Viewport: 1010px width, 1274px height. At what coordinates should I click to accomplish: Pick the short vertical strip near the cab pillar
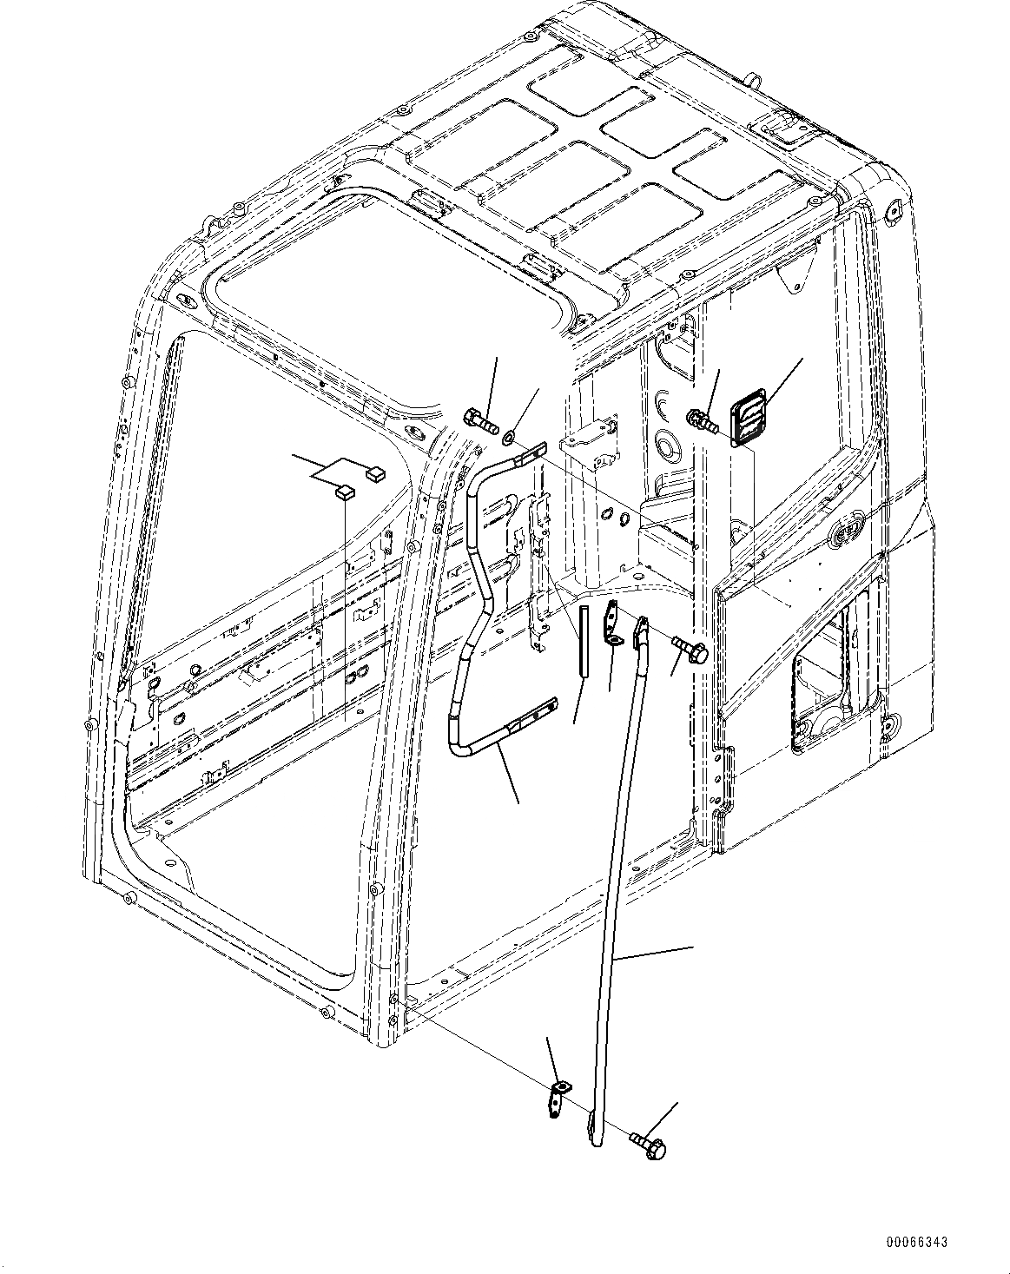[x=584, y=640]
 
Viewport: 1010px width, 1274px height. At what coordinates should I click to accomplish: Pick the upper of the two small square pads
[x=376, y=473]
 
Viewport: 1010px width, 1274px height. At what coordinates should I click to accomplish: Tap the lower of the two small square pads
[x=344, y=493]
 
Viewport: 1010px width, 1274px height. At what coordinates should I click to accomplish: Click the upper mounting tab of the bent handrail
[x=531, y=451]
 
